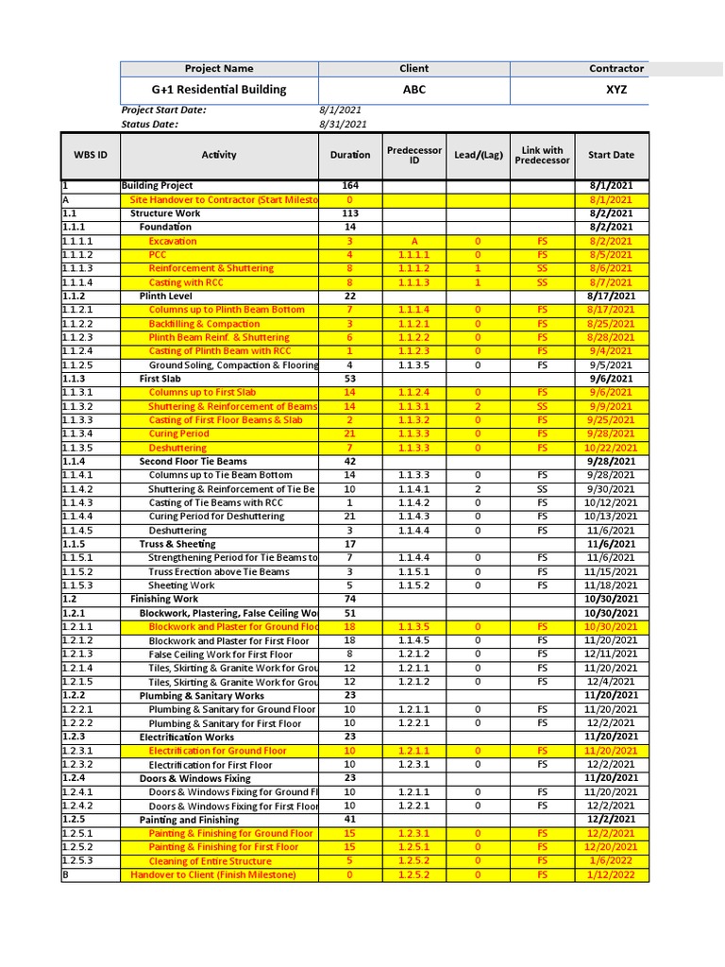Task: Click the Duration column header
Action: [350, 155]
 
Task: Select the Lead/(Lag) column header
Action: [478, 155]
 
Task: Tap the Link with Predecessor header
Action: [543, 155]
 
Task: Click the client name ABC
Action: [414, 90]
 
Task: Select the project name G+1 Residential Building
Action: [219, 90]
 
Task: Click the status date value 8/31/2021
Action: [344, 124]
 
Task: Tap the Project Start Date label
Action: [163, 110]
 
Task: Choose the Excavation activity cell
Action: [173, 241]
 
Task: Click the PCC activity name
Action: [159, 255]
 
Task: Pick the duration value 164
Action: [350, 186]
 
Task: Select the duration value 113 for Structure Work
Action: [350, 213]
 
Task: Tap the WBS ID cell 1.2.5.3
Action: [78, 861]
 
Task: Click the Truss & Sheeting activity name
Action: [177, 544]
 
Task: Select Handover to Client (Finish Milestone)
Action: [213, 875]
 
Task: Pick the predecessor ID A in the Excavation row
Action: [413, 241]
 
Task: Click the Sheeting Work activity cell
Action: [182, 585]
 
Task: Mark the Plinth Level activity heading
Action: [165, 297]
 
